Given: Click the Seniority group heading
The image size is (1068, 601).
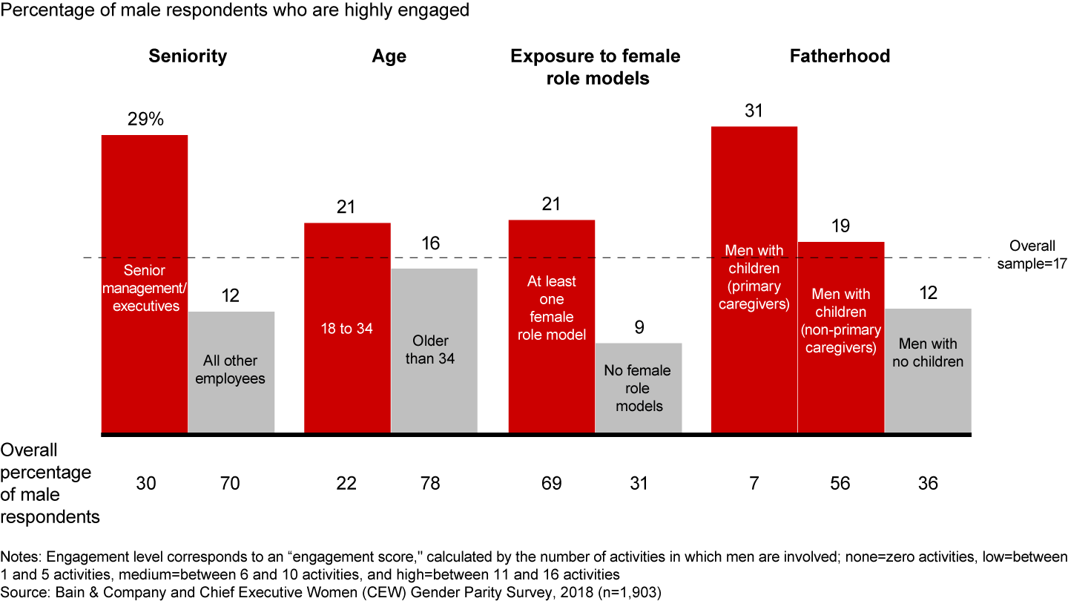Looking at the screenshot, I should pyautogui.click(x=188, y=56).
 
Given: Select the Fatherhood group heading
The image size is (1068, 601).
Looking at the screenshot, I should pyautogui.click(x=840, y=56).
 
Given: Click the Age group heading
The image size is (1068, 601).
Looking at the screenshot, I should pyautogui.click(x=390, y=56).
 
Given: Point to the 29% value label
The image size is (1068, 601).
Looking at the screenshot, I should pyautogui.click(x=145, y=119).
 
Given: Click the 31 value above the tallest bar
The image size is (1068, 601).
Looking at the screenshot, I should pyautogui.click(x=754, y=111).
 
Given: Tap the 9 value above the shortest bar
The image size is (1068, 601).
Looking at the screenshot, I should pyautogui.click(x=639, y=327).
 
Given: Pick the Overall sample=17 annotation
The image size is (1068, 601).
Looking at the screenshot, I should pyautogui.click(x=1032, y=254).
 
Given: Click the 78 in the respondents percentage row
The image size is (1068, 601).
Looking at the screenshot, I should pyautogui.click(x=430, y=484).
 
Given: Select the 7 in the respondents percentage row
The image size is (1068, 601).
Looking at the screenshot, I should pyautogui.click(x=754, y=484).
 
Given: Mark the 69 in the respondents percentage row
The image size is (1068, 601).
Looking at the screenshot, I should pyautogui.click(x=551, y=484).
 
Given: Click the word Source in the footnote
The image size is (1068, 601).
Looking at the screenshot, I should pyautogui.click(x=22, y=591).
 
